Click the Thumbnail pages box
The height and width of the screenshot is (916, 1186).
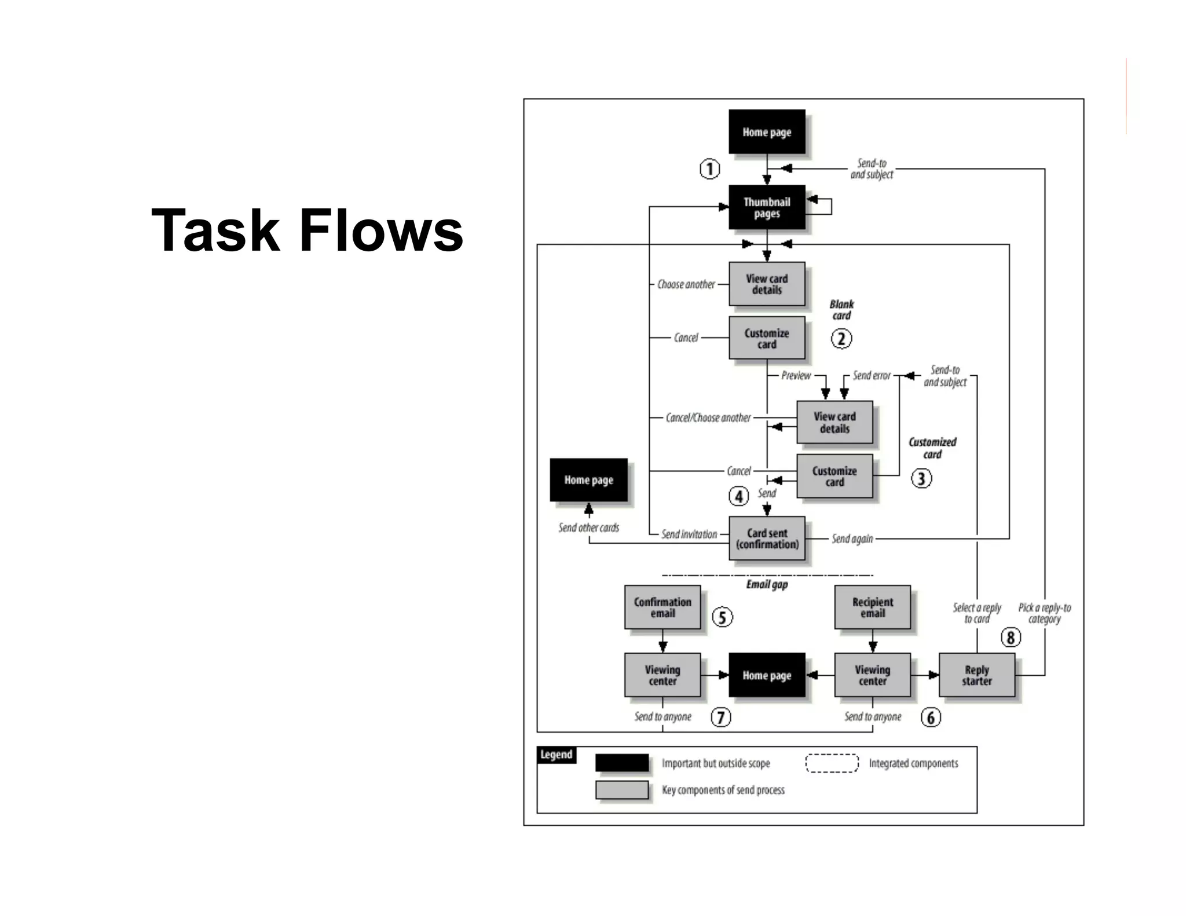pyautogui.click(x=766, y=207)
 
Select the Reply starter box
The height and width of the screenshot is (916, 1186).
pyautogui.click(x=976, y=675)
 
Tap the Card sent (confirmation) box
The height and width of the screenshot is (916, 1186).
pyautogui.click(x=767, y=538)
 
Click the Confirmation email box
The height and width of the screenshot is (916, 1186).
pyautogui.click(x=662, y=607)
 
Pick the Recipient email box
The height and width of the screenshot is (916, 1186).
pyautogui.click(x=872, y=607)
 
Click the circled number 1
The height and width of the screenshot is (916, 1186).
pyautogui.click(x=710, y=169)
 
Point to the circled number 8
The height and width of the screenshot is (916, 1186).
pyautogui.click(x=1011, y=637)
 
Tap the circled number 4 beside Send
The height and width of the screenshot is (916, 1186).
pyautogui.click(x=738, y=496)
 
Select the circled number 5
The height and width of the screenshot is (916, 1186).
pyautogui.click(x=722, y=617)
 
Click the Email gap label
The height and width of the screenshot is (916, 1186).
pyautogui.click(x=767, y=585)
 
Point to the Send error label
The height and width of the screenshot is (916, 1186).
pyautogui.click(x=871, y=376)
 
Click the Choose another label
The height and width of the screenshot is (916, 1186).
pyautogui.click(x=686, y=284)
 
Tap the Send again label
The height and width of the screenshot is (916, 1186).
pyautogui.click(x=852, y=539)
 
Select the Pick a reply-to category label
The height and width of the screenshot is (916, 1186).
pyautogui.click(x=1044, y=613)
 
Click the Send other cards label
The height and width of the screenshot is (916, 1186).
pyautogui.click(x=588, y=527)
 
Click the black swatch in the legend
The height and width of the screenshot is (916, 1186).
pyautogui.click(x=622, y=763)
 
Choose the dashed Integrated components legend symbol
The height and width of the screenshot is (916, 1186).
pyautogui.click(x=832, y=763)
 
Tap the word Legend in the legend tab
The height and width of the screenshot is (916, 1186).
pyautogui.click(x=556, y=755)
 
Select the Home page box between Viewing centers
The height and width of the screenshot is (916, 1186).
pyautogui.click(x=766, y=675)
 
